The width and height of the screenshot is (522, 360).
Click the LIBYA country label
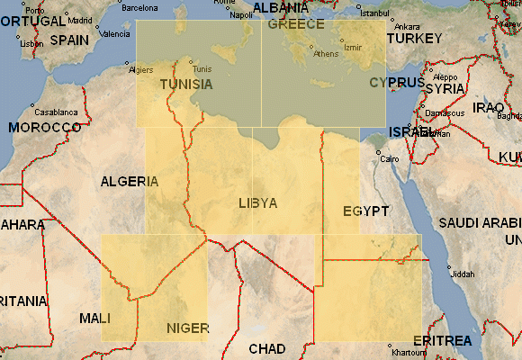pyautogui.click(x=258, y=203)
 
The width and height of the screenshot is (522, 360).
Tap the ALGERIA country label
pyautogui.click(x=130, y=182)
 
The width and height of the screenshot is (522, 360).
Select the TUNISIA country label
pyautogui.click(x=186, y=85)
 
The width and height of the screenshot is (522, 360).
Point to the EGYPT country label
pyautogui.click(x=365, y=211)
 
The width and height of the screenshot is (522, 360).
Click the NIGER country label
pyautogui.click(x=188, y=328)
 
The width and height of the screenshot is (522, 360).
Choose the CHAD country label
pyautogui.click(x=266, y=349)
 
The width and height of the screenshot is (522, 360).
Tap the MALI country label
pyautogui.click(x=95, y=319)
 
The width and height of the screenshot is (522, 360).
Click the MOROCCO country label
pyautogui.click(x=45, y=128)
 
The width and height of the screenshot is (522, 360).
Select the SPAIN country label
pyautogui.click(x=69, y=40)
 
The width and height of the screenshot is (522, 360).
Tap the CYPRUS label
pyautogui.click(x=390, y=83)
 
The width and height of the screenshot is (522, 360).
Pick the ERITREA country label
pyautogui.click(x=441, y=341)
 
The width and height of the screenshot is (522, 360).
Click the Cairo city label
pyautogui.click(x=389, y=159)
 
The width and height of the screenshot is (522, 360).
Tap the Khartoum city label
pyautogui.click(x=409, y=353)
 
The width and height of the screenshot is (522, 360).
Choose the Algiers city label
pyautogui.click(x=141, y=69)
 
